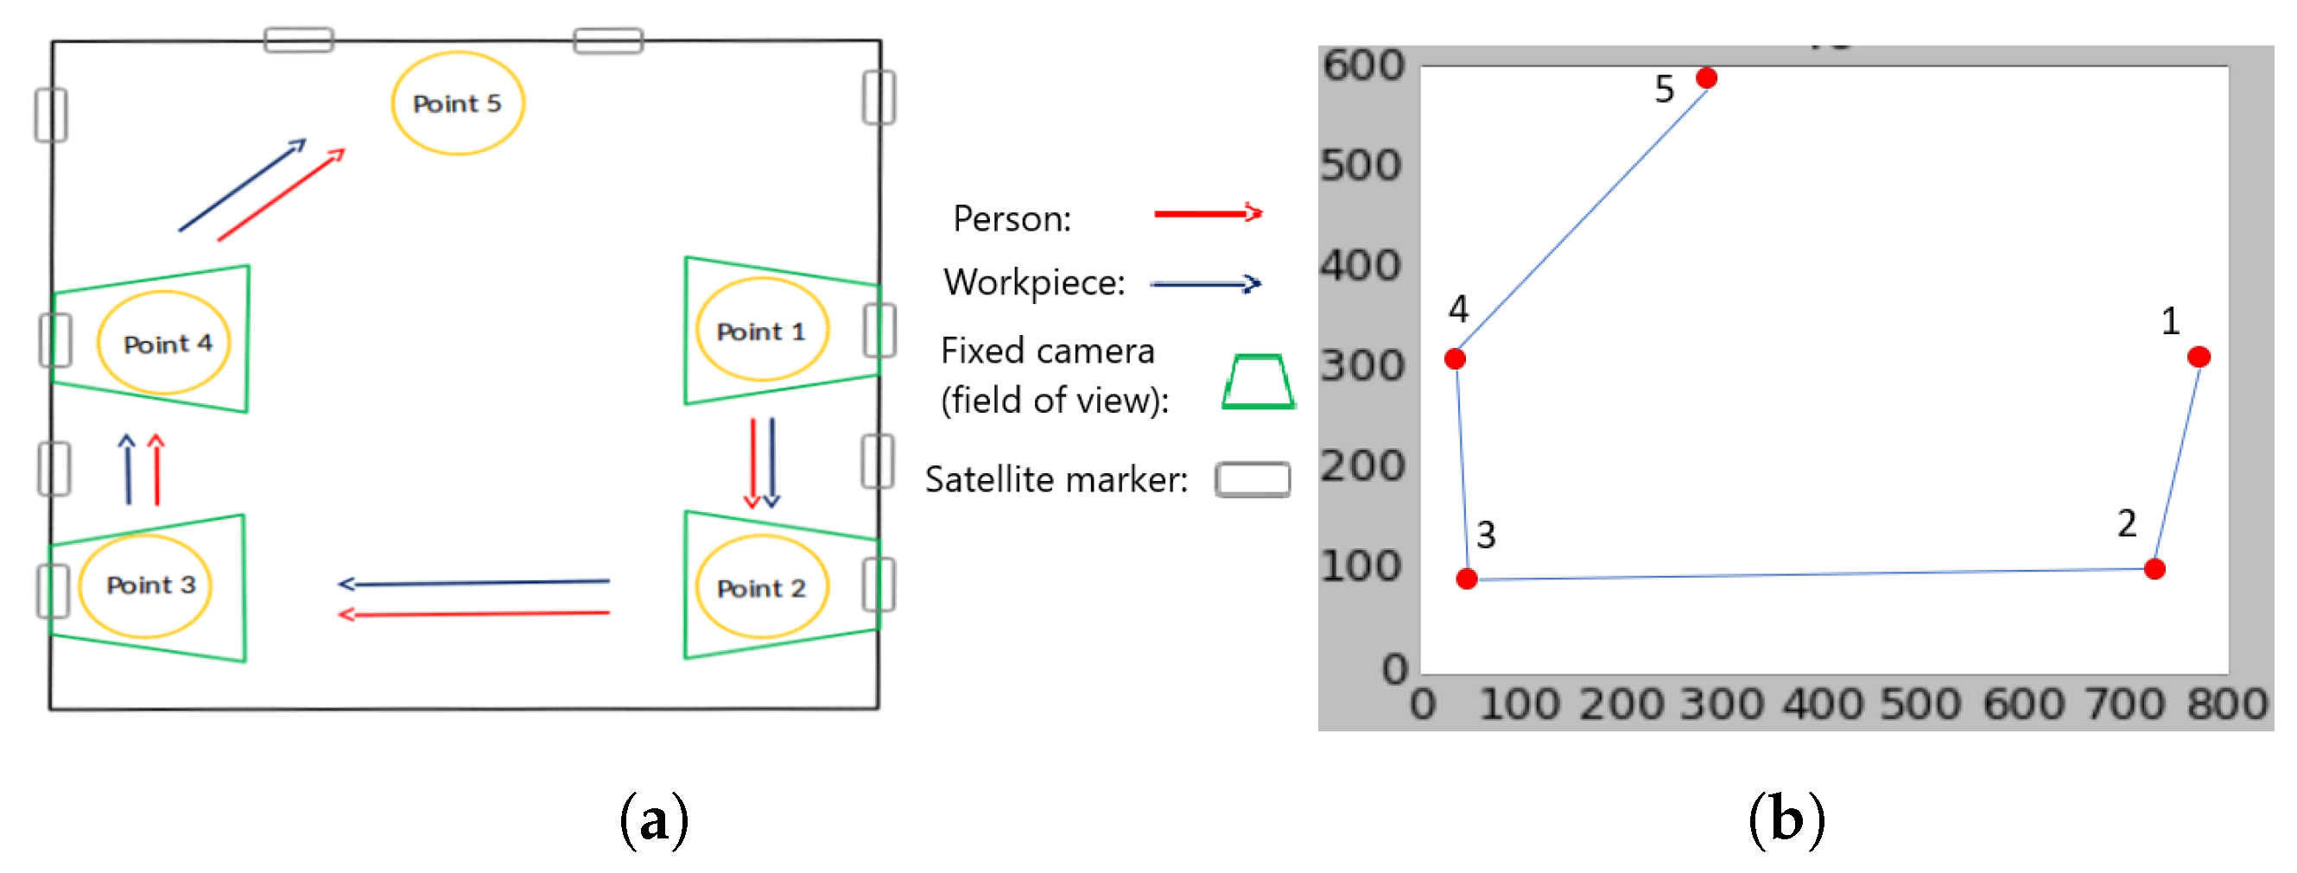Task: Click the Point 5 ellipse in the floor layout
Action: click(x=458, y=104)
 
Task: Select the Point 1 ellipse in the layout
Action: click(x=762, y=330)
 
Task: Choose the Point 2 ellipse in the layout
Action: click(x=762, y=587)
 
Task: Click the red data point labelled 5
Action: click(x=1707, y=79)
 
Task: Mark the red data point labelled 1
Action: click(x=2199, y=357)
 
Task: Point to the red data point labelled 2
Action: click(x=2154, y=569)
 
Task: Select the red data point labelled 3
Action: click(x=1467, y=579)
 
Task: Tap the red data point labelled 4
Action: click(x=1456, y=359)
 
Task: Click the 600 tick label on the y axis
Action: click(x=1362, y=65)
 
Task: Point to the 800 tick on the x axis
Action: click(x=2226, y=705)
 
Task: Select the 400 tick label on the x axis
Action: click(x=1821, y=705)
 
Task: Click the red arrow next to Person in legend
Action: click(x=1209, y=213)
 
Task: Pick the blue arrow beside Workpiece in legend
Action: click(x=1206, y=284)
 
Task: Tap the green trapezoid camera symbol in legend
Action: click(x=1258, y=383)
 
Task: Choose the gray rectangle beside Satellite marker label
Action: click(x=1253, y=480)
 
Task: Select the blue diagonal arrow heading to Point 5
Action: click(x=242, y=186)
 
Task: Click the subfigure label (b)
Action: click(x=1786, y=819)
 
